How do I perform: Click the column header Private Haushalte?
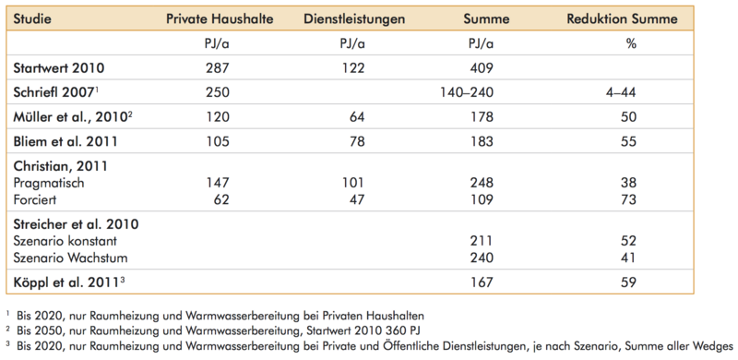220,18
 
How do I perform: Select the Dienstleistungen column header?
354,18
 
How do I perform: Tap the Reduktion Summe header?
622,18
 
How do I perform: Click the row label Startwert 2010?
59,68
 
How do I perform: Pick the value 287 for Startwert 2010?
218,68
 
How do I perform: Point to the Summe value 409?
481,68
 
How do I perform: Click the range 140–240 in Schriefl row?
467,92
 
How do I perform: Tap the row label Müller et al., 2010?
71,117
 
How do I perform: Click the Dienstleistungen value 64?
356,117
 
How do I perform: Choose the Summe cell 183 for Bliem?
481,141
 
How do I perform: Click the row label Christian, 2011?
60,166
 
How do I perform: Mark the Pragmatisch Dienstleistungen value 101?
352,183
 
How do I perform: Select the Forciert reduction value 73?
628,199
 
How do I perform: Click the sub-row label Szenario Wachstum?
70,258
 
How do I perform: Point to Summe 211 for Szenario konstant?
481,241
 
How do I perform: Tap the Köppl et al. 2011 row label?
69,282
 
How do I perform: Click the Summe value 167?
481,282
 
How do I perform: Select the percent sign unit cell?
631,43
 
